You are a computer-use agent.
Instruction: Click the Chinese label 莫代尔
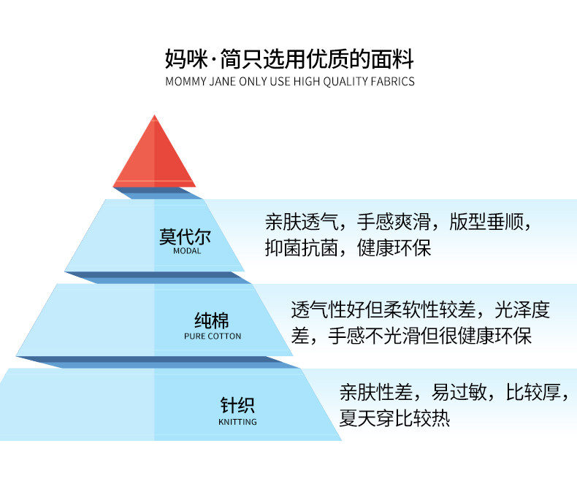(180, 237)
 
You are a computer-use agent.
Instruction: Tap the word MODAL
(187, 251)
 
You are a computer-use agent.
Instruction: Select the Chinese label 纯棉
(212, 320)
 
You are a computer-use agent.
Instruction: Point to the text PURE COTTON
(213, 336)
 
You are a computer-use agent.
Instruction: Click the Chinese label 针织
(237, 406)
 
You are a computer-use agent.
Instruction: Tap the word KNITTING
(237, 422)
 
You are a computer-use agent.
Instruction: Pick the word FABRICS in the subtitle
(391, 81)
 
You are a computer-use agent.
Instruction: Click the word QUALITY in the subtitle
(339, 81)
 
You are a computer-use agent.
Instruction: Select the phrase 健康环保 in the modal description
(394, 247)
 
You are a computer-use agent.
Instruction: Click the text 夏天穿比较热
(394, 418)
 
